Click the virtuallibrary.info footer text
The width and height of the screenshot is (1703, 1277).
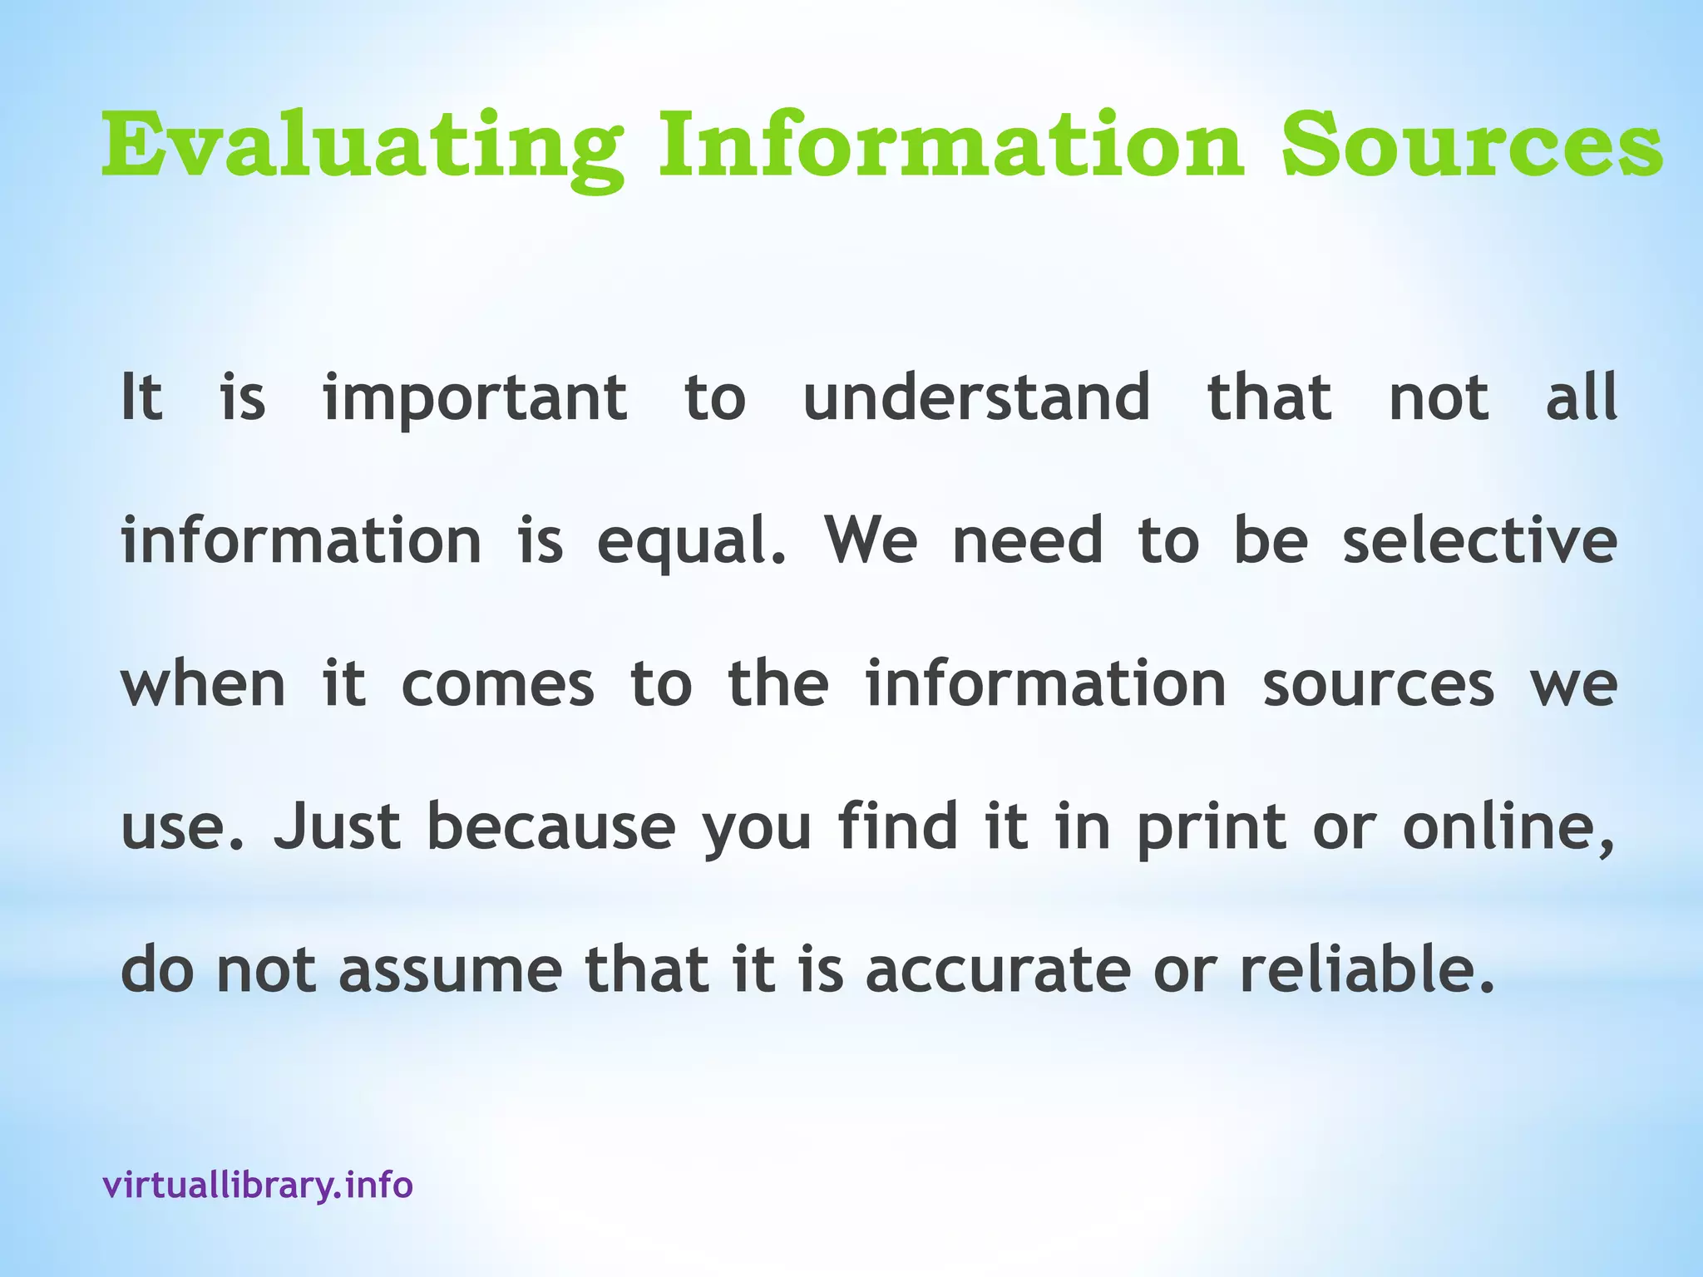pyautogui.click(x=258, y=1184)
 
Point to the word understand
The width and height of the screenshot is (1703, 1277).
pyautogui.click(x=976, y=397)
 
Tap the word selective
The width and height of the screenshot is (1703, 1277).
pyautogui.click(x=1479, y=540)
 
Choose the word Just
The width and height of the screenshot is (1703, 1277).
pyautogui.click(x=337, y=826)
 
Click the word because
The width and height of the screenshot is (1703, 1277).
pyautogui.click(x=550, y=826)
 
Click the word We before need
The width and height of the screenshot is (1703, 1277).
pyautogui.click(x=871, y=540)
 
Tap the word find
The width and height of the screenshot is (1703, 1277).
pyautogui.click(x=898, y=826)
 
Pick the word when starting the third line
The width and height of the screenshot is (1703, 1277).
pyautogui.click(x=204, y=683)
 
